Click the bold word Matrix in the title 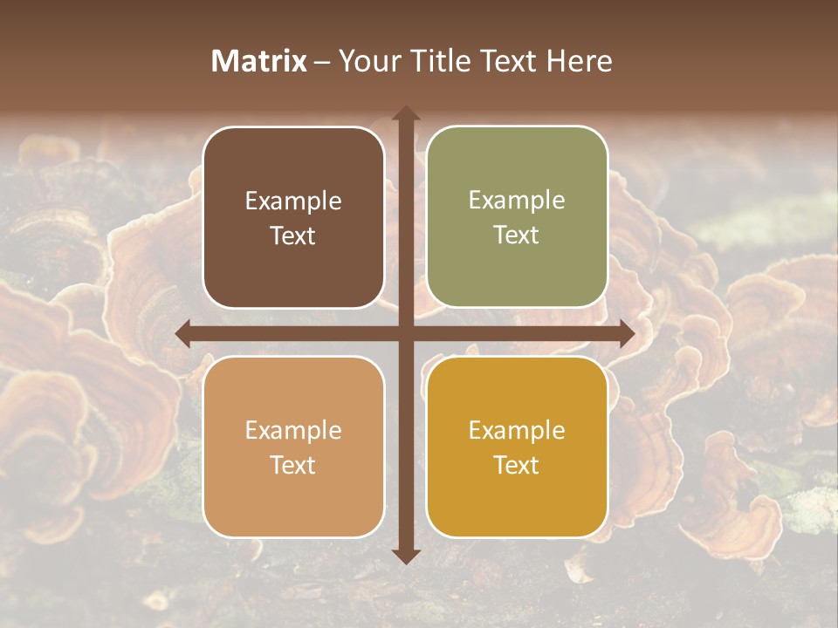[x=259, y=61]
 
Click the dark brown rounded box [x=293, y=217]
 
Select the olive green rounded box [x=517, y=217]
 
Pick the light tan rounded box [x=293, y=447]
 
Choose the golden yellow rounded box [x=517, y=447]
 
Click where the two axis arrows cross [x=405, y=333]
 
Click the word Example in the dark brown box [x=293, y=201]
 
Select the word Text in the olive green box [x=517, y=235]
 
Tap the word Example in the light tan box [x=293, y=431]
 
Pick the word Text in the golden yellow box [x=517, y=465]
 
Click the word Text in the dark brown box [x=293, y=235]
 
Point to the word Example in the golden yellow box [x=517, y=431]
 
